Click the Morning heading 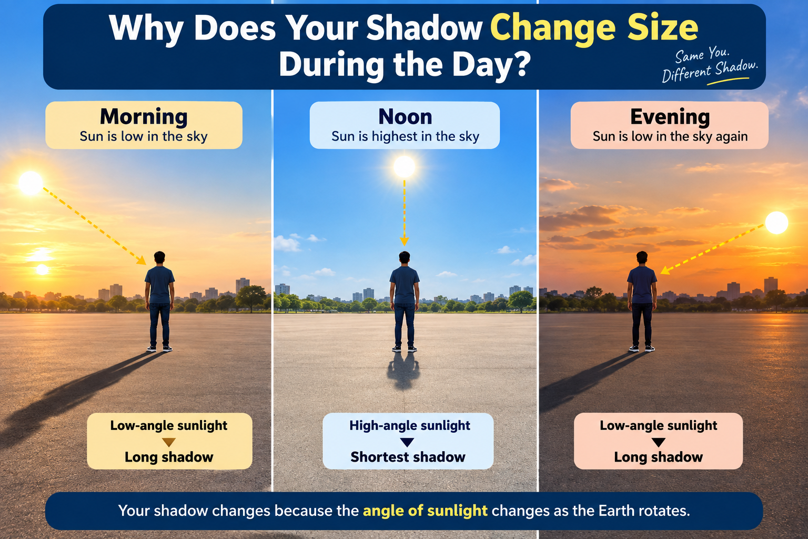[x=144, y=117]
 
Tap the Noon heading [x=405, y=117]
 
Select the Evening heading [x=670, y=117]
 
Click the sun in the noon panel [x=405, y=167]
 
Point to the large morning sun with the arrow [x=31, y=183]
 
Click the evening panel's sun [x=776, y=223]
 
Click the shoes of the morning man [x=159, y=349]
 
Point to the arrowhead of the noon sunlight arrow [x=405, y=242]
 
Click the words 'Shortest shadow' [x=408, y=457]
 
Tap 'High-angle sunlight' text [x=409, y=426]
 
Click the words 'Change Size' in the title [x=594, y=28]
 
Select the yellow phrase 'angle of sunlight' [x=425, y=511]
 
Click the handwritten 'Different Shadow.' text [x=710, y=72]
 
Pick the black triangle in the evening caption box [x=658, y=442]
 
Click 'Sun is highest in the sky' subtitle [x=405, y=136]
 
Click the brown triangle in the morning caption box [x=168, y=442]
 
